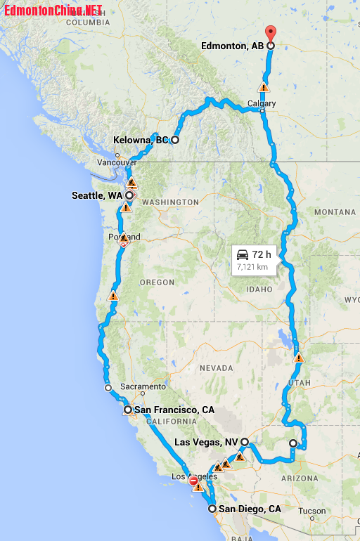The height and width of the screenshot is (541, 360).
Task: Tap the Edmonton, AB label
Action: (x=232, y=46)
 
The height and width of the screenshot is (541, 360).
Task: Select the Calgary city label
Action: (x=262, y=103)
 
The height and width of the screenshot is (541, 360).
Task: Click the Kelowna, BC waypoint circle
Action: (x=175, y=140)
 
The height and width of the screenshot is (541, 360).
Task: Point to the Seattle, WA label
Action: (x=97, y=195)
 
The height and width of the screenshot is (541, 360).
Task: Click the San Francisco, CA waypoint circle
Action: (x=127, y=410)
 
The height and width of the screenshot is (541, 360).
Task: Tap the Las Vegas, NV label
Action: (x=205, y=442)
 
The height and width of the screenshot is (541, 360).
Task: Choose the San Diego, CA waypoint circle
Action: (x=212, y=509)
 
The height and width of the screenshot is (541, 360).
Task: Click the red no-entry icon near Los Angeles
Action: (x=193, y=481)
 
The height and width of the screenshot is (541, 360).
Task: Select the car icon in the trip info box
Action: (x=243, y=254)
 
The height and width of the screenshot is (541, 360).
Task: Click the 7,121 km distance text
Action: (x=252, y=267)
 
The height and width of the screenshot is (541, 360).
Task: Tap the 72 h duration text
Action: (x=262, y=254)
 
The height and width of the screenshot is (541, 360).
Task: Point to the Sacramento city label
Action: (x=142, y=386)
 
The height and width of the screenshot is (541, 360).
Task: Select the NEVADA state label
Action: (x=216, y=368)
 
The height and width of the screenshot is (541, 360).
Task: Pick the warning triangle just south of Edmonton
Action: (x=263, y=88)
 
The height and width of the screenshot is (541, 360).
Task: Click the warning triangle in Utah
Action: (x=299, y=358)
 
